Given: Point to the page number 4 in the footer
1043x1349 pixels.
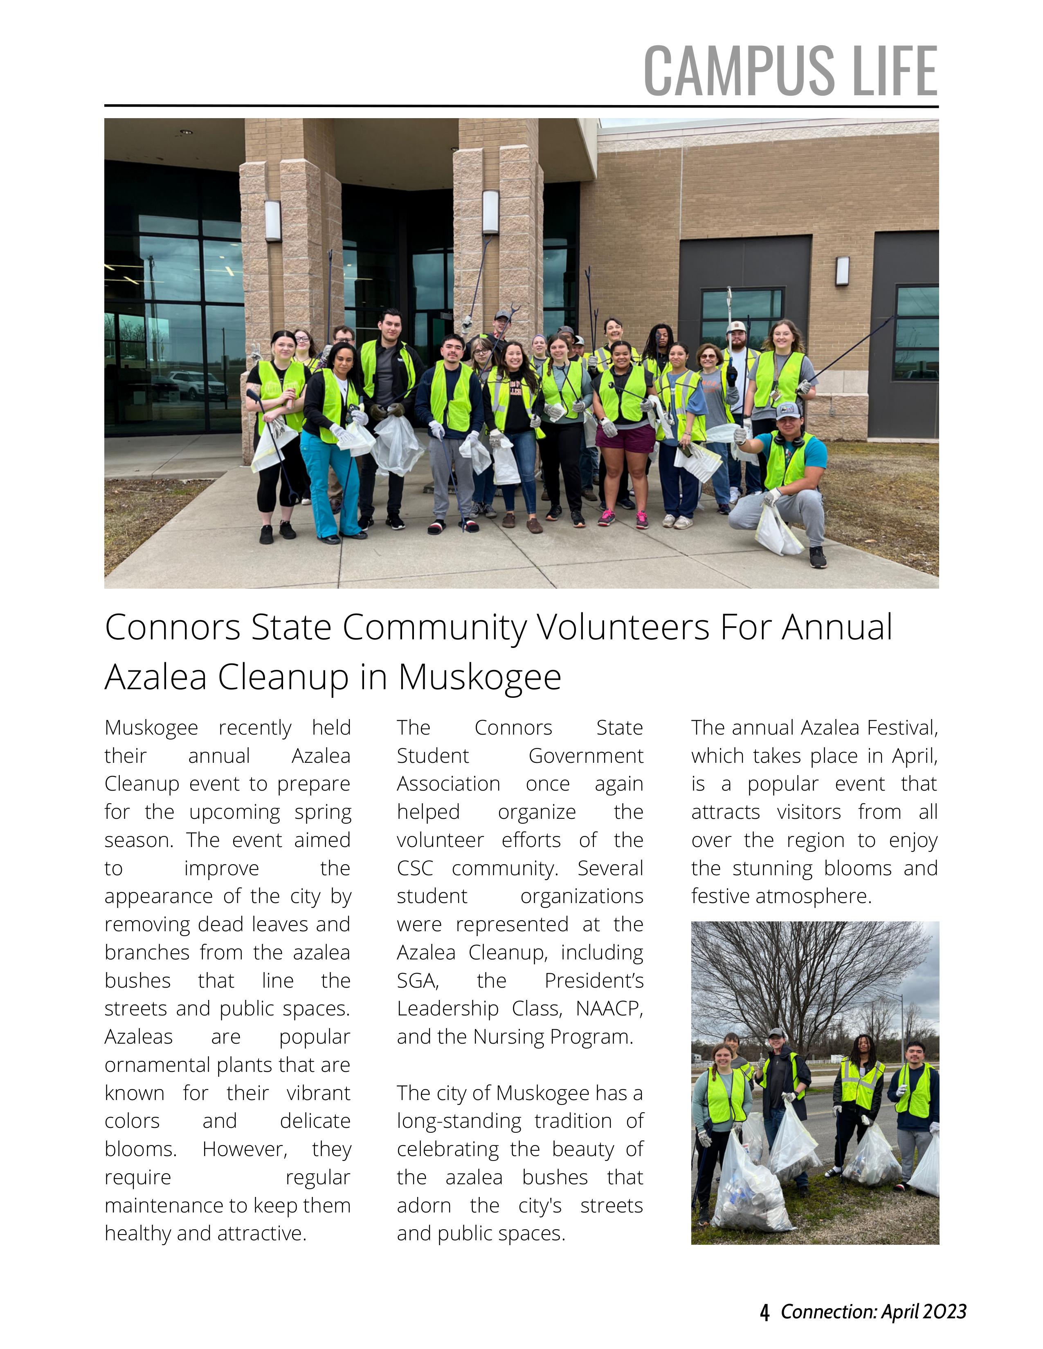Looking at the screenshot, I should (765, 1311).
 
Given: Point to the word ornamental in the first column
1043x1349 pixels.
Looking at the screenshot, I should (158, 1065).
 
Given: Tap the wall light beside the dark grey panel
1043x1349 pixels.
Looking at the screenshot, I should (842, 271).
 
